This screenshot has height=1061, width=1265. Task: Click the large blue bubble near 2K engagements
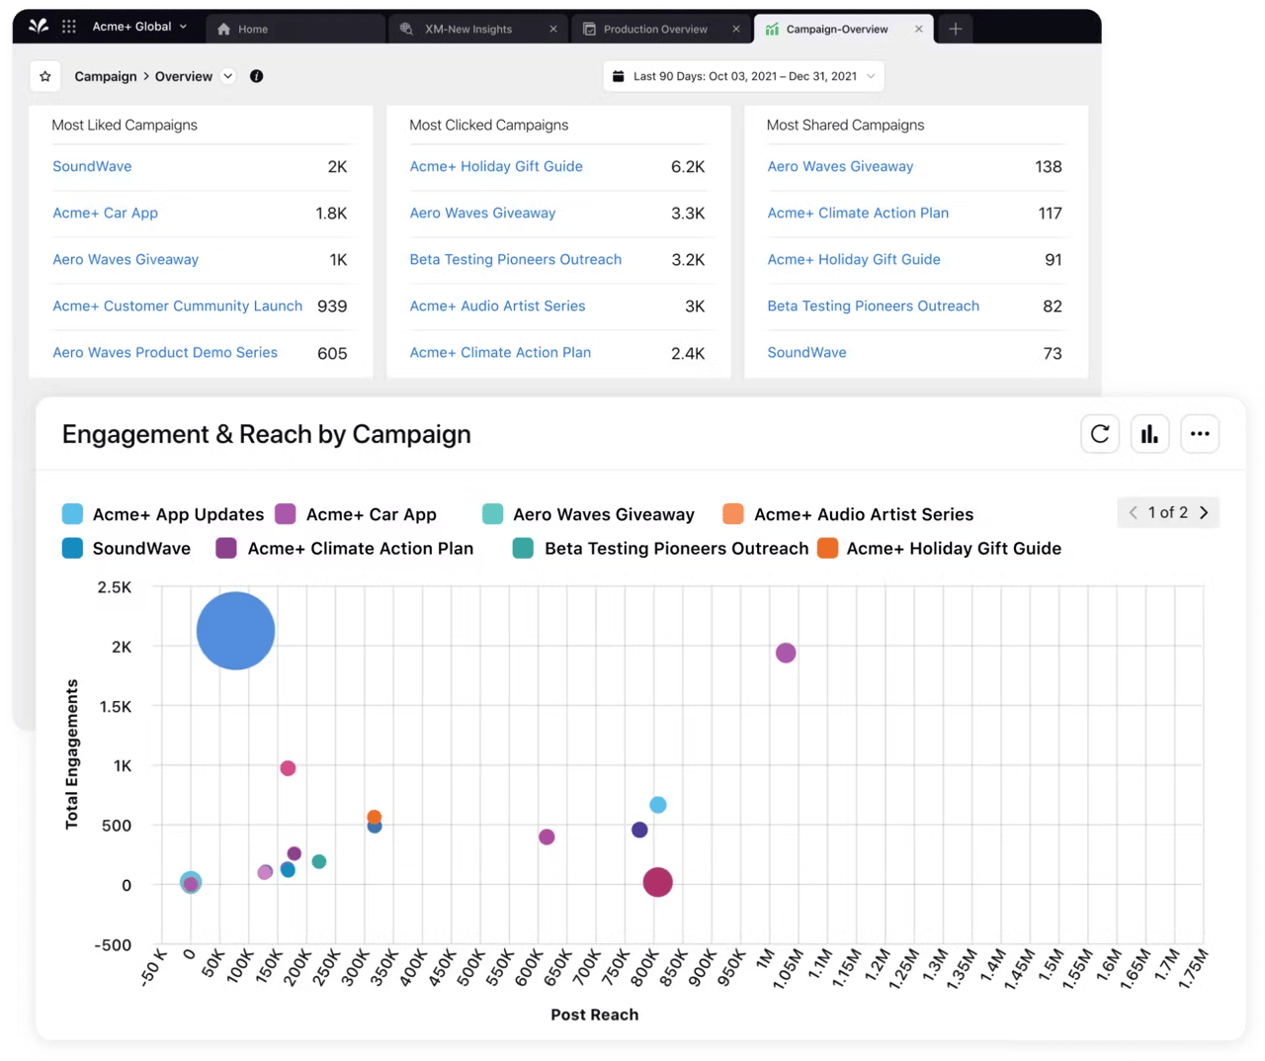(235, 631)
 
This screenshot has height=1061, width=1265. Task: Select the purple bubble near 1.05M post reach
(786, 653)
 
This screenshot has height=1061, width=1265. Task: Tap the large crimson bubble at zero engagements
(657, 882)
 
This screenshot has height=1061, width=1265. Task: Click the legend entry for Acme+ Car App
(370, 514)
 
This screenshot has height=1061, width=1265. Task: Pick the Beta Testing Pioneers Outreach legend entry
(675, 548)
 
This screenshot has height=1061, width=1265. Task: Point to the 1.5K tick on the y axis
(116, 706)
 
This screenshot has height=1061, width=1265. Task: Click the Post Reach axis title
(594, 1015)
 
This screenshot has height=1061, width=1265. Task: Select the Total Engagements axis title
(71, 753)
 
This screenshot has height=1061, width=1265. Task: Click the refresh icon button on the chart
(1100, 434)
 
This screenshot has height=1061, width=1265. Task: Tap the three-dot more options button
(1200, 434)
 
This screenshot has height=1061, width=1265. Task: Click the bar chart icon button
(1149, 434)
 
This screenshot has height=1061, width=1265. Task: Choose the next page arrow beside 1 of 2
(1204, 512)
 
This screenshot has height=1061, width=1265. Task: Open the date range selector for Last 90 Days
(743, 76)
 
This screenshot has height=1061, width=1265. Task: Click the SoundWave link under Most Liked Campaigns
(92, 166)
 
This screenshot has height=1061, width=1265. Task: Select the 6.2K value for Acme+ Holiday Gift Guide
(687, 167)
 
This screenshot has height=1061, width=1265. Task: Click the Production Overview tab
(654, 29)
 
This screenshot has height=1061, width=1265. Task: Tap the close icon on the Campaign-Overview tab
(918, 29)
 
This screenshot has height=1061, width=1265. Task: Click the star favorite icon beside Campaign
(45, 76)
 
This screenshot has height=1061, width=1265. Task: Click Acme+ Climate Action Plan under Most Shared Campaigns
(858, 213)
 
